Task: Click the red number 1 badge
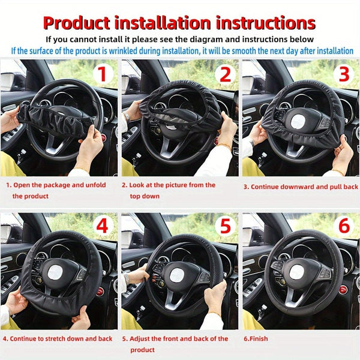click(103, 74)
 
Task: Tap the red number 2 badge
click(225, 74)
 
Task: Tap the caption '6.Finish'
click(257, 338)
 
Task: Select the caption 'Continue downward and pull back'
click(300, 187)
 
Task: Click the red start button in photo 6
click(343, 289)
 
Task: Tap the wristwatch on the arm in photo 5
click(127, 278)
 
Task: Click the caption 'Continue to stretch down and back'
click(59, 338)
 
